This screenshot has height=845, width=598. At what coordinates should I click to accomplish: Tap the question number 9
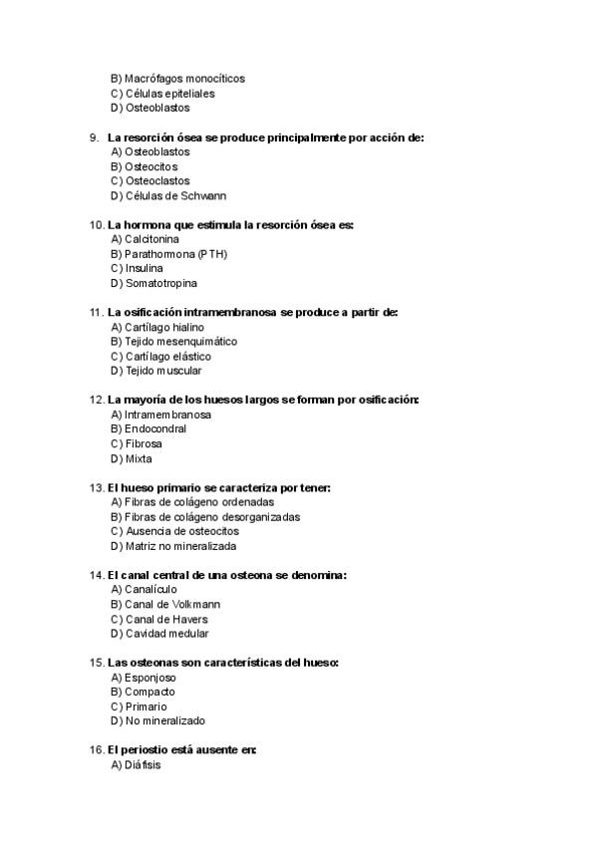click(x=94, y=137)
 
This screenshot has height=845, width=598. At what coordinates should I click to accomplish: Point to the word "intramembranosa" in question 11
click(x=231, y=312)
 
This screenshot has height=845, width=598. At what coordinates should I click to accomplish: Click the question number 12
click(x=96, y=400)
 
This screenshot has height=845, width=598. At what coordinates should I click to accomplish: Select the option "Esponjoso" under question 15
click(x=149, y=677)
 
